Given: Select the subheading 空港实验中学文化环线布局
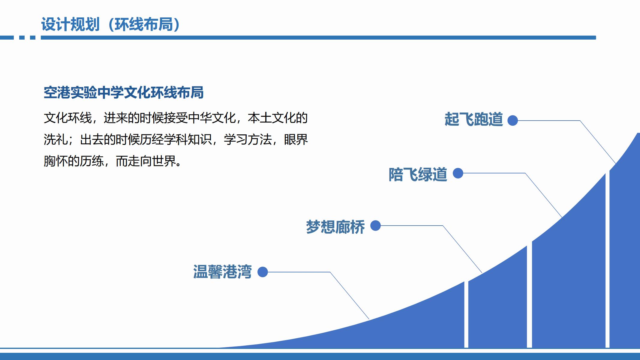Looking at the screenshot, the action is pos(124,92).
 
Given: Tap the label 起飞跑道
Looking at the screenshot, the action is pos(473,119).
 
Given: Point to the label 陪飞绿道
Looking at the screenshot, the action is pos(418,174).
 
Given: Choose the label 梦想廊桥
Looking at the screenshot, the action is pos(335,227).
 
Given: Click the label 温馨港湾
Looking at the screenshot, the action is pos(222,272).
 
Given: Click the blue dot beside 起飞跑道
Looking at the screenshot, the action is pos(512,121).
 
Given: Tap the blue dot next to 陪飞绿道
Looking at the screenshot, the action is pos(458,173).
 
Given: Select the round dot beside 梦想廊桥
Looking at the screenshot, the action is pos(375,226).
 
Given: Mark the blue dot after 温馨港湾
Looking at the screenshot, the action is pos(263,272).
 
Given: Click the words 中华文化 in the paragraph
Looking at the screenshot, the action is pos(212,118).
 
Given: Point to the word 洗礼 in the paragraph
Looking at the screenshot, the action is pos(56,139).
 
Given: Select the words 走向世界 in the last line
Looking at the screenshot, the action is pos(152,161).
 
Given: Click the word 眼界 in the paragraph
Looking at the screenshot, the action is pos(296,139).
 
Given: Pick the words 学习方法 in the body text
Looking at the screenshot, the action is pos(248,139).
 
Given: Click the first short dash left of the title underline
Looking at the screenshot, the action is pos(7,37).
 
